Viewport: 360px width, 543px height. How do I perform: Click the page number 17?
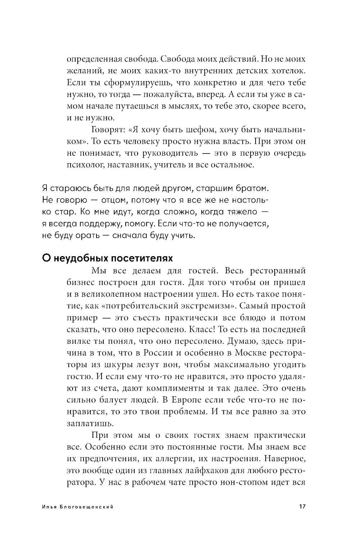[x=302, y=506]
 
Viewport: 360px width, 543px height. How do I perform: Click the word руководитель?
[x=167, y=153]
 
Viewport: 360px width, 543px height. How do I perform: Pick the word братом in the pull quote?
[x=254, y=188]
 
